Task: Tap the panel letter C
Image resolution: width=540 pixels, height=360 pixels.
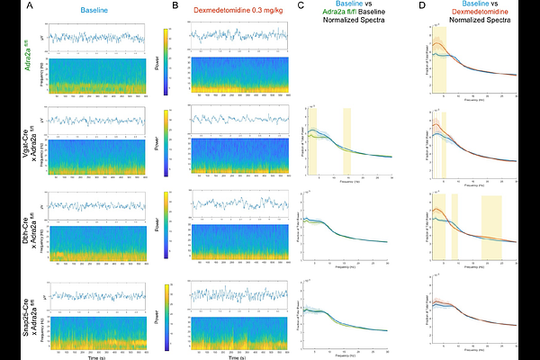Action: (x=300, y=7)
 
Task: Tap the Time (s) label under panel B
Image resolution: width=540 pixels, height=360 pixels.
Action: (x=237, y=355)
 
